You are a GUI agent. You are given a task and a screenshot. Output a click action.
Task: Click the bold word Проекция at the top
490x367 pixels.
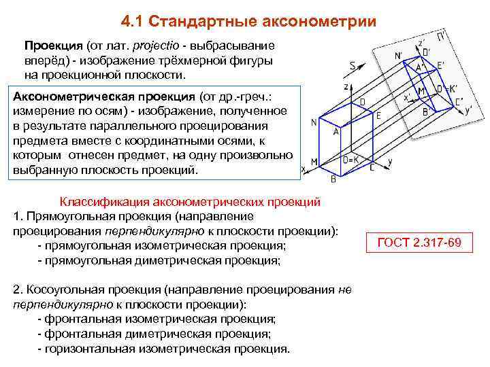(54, 46)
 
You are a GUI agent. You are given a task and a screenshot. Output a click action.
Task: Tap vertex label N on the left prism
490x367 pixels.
(314, 122)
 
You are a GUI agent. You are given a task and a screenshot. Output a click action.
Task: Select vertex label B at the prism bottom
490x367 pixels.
(333, 179)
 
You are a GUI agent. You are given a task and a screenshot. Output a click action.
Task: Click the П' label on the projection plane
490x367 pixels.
(442, 35)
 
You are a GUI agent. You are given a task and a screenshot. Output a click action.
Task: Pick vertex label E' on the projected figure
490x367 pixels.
(440, 65)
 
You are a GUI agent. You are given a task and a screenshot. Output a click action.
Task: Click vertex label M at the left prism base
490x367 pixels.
(314, 162)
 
